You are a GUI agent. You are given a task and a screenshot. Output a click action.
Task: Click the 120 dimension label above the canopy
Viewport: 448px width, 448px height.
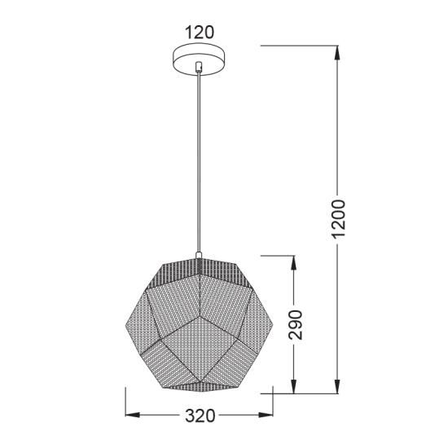(199, 33)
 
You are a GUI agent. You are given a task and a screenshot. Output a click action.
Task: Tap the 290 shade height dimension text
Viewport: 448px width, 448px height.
(296, 325)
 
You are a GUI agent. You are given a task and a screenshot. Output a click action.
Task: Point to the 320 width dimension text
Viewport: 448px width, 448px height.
(199, 416)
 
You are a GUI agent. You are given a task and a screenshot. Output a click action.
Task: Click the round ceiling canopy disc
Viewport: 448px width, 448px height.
(199, 59)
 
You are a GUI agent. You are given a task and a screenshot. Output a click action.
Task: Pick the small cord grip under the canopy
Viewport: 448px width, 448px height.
(199, 73)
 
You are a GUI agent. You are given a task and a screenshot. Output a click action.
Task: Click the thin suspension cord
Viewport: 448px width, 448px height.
(199, 163)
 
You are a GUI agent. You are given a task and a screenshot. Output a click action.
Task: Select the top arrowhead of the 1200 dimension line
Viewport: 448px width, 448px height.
(336, 51)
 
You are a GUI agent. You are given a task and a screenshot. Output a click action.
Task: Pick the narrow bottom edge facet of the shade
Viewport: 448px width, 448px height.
(199, 384)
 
